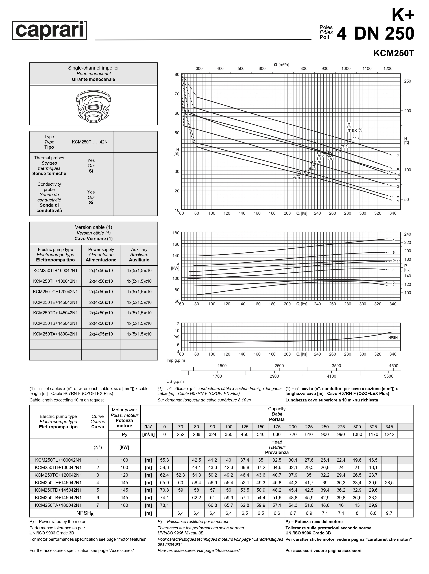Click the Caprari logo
(49, 30)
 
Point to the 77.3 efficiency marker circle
(350, 141)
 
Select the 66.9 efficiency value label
(296, 178)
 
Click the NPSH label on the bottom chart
(393, 338)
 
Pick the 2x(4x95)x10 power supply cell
(101, 334)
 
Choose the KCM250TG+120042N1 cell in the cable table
(55, 292)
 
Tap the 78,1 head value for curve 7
(164, 505)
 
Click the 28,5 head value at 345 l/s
(389, 483)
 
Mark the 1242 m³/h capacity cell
(389, 434)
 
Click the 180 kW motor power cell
(124, 505)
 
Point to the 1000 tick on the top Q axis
(346, 68)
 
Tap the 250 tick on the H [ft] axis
(407, 81)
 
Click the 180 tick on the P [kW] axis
(176, 233)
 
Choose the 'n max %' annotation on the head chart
(355, 128)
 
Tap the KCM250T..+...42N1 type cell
(91, 142)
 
